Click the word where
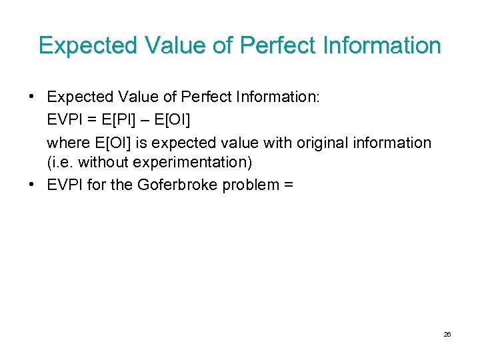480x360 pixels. (x=65, y=143)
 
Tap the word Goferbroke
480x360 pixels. (x=177, y=185)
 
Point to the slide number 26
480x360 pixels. (x=447, y=334)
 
